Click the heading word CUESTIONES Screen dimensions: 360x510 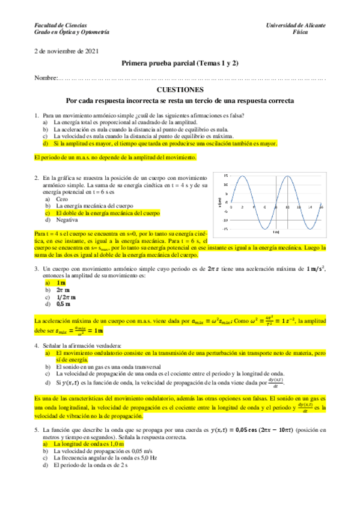coord(179,90)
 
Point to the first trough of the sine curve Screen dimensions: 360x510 coord(265,229)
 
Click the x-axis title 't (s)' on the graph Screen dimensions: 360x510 coord(275,232)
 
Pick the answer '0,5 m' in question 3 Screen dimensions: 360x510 coord(62,304)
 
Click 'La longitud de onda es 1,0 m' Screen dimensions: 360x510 coord(88,443)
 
